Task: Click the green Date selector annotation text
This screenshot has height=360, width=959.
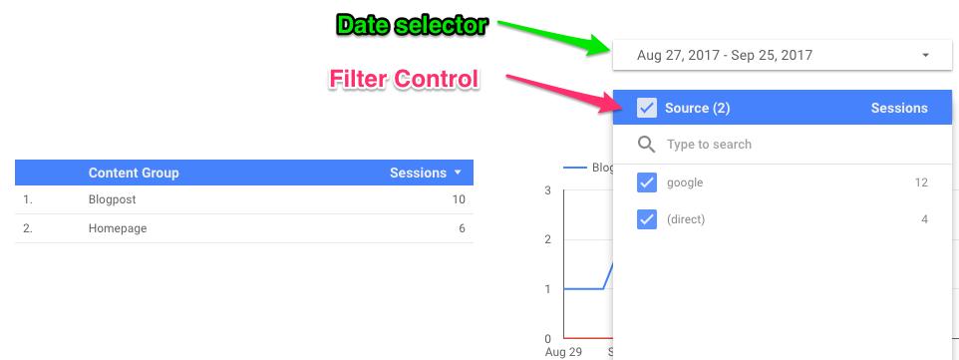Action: pos(413,26)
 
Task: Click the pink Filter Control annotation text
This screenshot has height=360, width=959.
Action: pos(404,79)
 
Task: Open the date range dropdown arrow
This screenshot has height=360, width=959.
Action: pos(925,55)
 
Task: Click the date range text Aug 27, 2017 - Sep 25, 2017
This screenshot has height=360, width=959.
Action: pos(724,55)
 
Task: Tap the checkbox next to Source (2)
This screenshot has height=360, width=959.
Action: pos(646,109)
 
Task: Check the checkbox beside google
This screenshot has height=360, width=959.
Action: pos(646,182)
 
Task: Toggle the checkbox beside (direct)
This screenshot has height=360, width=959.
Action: pos(646,219)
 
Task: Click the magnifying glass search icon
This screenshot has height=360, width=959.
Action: pos(646,145)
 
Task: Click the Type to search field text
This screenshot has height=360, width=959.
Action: pos(709,145)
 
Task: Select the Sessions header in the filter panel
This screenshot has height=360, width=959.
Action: pos(899,109)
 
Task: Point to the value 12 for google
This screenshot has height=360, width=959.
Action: pos(921,182)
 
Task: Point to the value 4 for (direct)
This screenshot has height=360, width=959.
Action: pos(925,219)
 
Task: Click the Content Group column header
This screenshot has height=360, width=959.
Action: pos(134,173)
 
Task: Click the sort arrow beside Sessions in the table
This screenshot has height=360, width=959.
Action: pos(458,173)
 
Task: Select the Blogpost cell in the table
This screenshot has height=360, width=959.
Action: pos(112,199)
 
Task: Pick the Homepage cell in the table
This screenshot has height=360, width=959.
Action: pos(118,228)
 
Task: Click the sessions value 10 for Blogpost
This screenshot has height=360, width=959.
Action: pos(459,199)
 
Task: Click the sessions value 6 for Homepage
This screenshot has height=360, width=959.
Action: pos(462,228)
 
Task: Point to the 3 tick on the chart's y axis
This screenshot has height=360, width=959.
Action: pos(547,190)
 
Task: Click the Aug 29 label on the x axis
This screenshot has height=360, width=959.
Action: pos(563,352)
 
